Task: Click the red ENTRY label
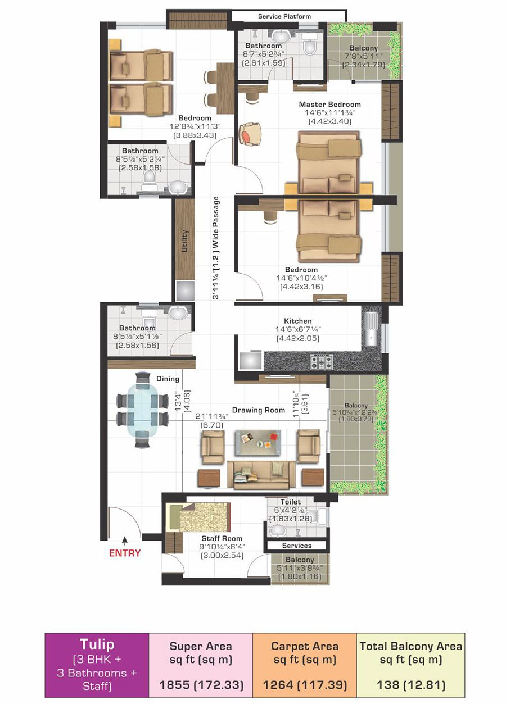[125, 553]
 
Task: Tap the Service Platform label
[284, 16]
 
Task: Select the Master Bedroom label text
[329, 105]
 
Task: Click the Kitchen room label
[298, 321]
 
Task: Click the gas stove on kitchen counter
[321, 361]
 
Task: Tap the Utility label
[184, 241]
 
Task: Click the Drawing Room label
[259, 410]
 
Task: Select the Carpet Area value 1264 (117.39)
[304, 685]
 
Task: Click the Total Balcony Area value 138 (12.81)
[410, 685]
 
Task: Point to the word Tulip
[97, 644]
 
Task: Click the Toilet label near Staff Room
[291, 502]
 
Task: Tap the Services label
[296, 546]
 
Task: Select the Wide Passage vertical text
[216, 247]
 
